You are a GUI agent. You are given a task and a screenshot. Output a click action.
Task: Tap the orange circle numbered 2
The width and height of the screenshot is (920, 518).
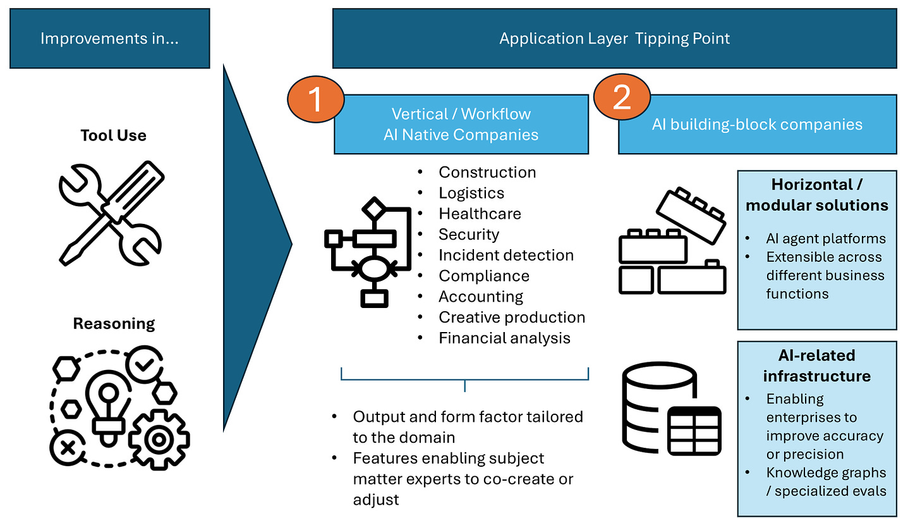[x=622, y=99]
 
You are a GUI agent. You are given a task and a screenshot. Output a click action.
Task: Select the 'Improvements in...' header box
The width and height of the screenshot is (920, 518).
[x=109, y=39]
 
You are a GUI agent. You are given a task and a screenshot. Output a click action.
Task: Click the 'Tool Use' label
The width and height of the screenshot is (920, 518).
[x=113, y=135]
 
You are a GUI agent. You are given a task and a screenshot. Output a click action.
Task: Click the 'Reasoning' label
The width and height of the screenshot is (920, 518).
[x=114, y=324]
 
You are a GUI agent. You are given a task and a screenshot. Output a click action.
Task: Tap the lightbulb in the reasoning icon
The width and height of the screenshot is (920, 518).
[x=108, y=405]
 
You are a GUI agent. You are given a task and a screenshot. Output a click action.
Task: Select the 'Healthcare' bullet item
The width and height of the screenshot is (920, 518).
[x=480, y=214]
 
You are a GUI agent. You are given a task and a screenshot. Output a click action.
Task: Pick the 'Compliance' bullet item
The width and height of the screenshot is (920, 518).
[x=484, y=276]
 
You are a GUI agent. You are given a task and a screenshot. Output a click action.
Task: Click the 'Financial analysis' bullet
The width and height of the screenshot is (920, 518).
[x=504, y=338]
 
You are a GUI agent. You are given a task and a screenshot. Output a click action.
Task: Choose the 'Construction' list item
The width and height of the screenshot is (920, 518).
[x=487, y=172]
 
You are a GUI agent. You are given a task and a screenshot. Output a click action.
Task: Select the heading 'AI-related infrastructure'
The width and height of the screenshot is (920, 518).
[x=816, y=366]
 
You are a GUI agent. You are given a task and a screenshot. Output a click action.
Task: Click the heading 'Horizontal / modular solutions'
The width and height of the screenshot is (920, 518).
[x=816, y=195]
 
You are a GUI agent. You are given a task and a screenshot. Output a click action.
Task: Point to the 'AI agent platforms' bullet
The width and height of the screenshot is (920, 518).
[x=826, y=238]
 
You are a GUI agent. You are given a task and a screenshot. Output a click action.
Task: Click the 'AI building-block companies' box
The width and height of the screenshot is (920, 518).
[x=757, y=124]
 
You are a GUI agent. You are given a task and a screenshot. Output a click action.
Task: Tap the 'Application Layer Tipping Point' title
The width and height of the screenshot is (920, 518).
[x=614, y=39]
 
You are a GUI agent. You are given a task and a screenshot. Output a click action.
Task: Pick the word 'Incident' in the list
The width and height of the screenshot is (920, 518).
[x=468, y=256]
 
